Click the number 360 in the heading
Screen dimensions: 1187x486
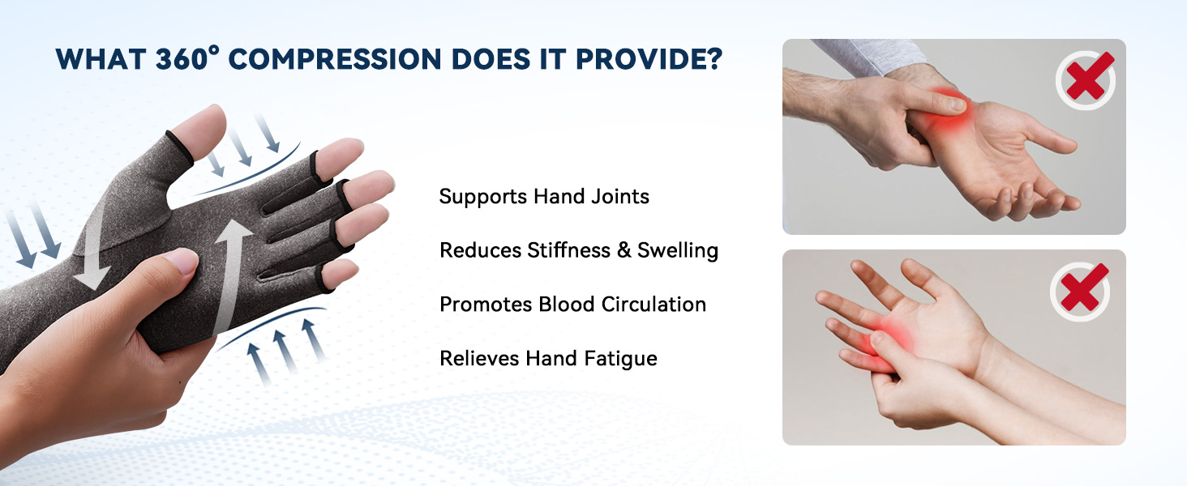coord(181,59)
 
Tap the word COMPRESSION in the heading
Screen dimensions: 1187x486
coord(335,59)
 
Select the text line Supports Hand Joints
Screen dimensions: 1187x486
coord(544,196)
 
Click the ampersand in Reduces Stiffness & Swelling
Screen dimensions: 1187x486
coord(623,250)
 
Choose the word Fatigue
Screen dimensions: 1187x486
coord(620,359)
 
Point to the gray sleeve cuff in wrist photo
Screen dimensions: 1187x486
coord(874,55)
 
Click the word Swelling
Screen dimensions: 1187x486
coord(678,250)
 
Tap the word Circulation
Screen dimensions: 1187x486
coord(653,305)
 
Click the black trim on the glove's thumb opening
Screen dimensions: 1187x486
coord(180,146)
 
